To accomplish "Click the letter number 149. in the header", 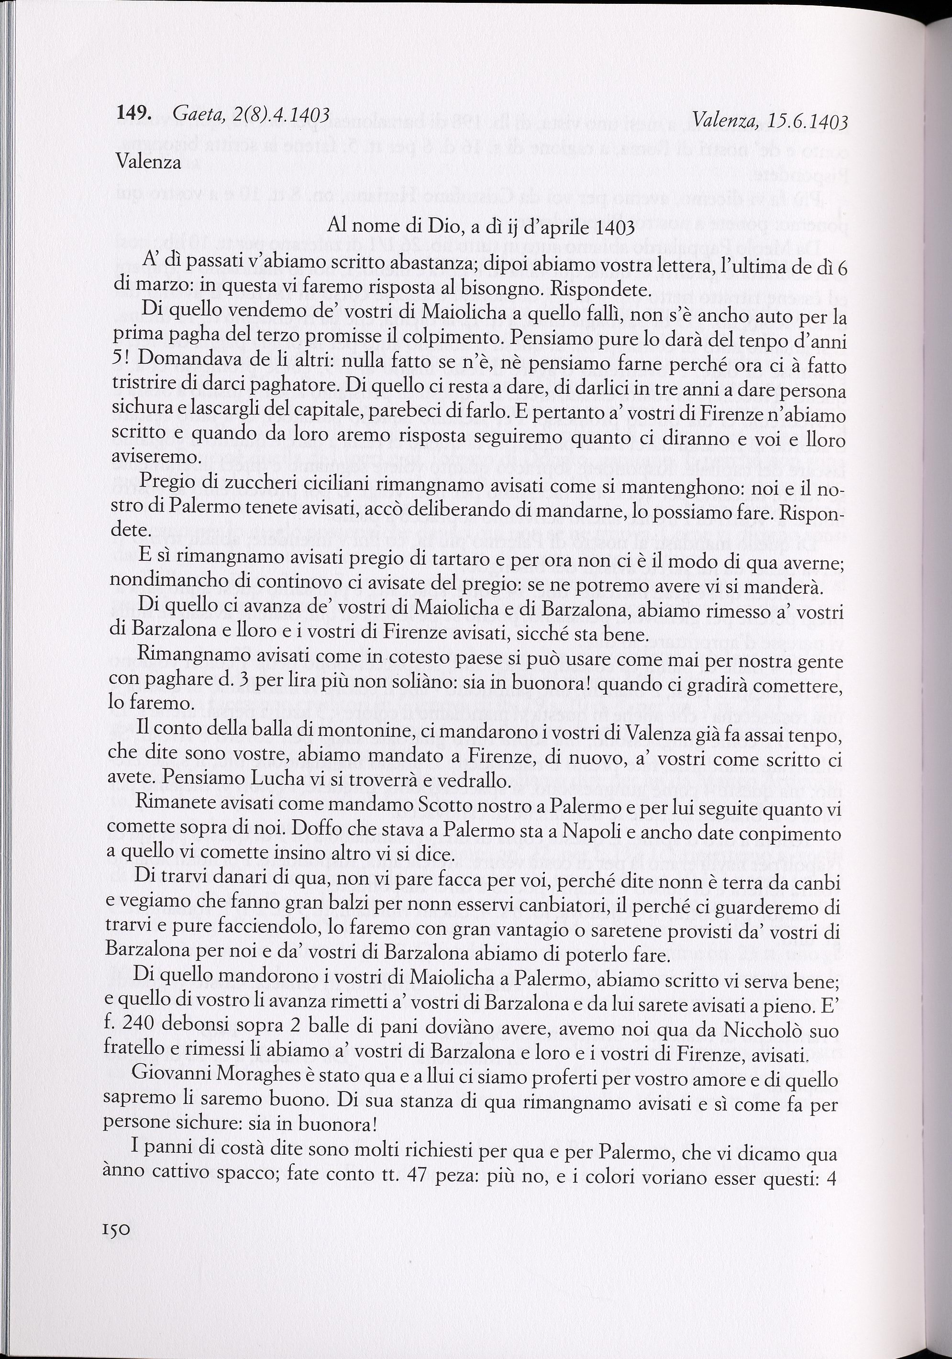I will (135, 113).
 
